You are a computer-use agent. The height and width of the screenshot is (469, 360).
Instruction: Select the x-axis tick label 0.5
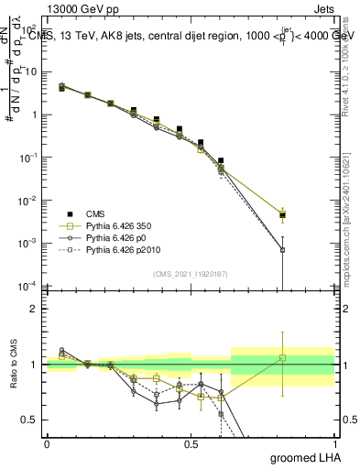[191, 443]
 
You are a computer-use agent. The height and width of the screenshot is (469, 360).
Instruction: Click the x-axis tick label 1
[334, 443]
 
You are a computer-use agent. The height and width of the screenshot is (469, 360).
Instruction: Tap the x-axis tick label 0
[47, 443]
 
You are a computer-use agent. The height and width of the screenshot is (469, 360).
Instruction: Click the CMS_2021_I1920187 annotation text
[190, 273]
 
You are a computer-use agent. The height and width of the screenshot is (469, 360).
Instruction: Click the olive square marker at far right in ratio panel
[283, 357]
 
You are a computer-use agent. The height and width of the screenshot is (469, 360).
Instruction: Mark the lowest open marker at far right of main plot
[283, 250]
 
